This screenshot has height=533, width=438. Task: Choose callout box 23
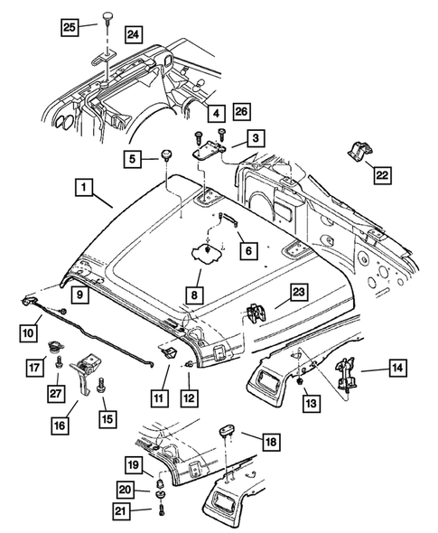click(x=298, y=290)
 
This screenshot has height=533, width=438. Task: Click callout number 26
click(x=241, y=111)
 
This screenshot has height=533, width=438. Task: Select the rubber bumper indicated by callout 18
click(x=227, y=437)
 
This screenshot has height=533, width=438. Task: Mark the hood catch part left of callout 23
click(x=256, y=311)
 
